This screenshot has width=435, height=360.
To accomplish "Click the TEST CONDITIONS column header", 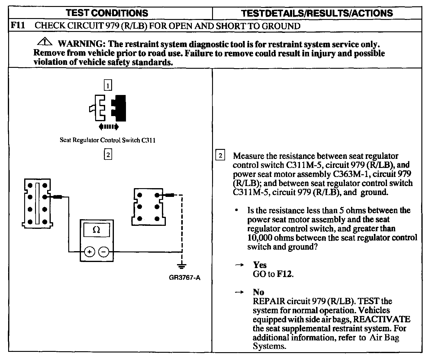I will pyautogui.click(x=107, y=13).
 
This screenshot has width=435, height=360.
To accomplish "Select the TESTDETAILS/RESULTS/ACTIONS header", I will pyautogui.click(x=317, y=13).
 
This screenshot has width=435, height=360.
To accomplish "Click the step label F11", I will pyautogui.click(x=18, y=25).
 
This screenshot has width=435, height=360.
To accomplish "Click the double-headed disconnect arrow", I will pyautogui.click(x=108, y=127).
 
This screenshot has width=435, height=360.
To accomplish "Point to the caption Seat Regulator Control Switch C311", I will pyautogui.click(x=108, y=140).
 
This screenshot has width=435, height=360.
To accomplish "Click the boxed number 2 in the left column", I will pyautogui.click(x=108, y=155).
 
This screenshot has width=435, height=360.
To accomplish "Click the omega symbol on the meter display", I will pyautogui.click(x=96, y=230).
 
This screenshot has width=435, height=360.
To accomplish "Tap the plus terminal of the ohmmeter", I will pyautogui.click(x=89, y=251).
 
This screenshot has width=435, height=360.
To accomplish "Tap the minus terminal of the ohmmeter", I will pyautogui.click(x=104, y=251).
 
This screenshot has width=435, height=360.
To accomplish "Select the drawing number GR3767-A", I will pyautogui.click(x=185, y=278).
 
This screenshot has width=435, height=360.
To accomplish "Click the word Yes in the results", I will pyautogui.click(x=260, y=265).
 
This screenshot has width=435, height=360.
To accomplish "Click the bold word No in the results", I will pyautogui.click(x=259, y=292).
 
